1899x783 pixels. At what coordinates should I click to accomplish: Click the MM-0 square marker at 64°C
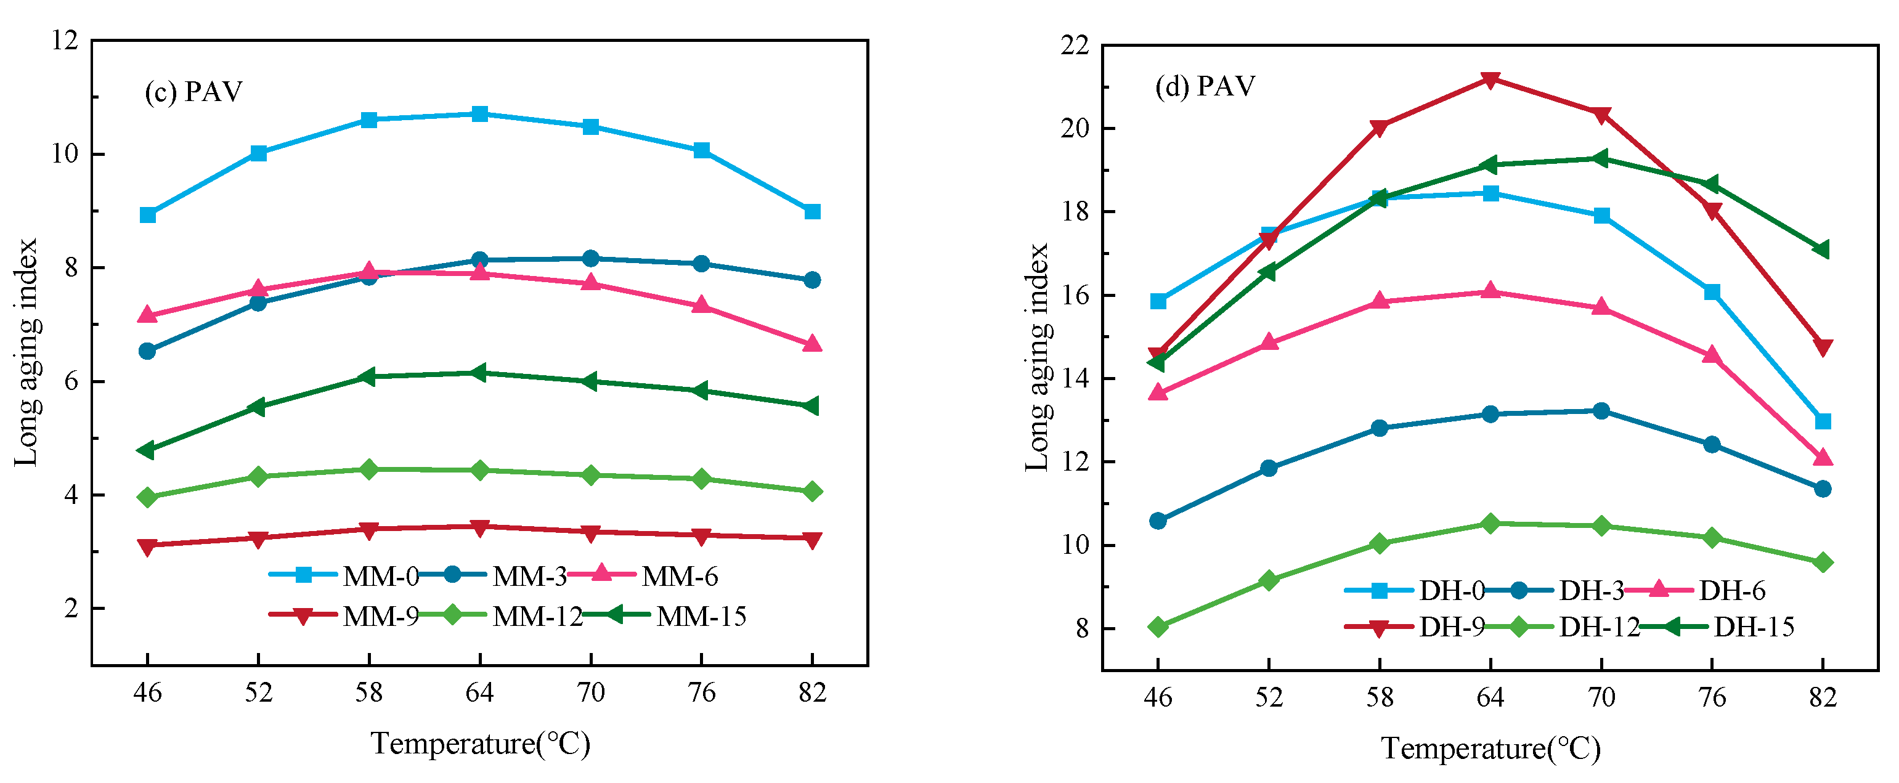coord(480,115)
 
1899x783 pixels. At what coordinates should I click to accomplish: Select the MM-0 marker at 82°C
coord(812,211)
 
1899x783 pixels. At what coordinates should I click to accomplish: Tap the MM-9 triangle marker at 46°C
coord(147,546)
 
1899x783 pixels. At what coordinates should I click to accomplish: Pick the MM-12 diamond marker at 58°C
coord(368,469)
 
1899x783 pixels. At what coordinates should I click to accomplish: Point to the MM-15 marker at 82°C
coord(811,406)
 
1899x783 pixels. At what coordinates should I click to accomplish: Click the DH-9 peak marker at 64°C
coord(1490,79)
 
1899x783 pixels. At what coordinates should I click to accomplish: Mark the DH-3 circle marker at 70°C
coord(1601,411)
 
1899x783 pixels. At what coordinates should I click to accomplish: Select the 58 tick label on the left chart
coord(368,693)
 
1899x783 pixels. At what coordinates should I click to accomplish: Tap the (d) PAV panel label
coord(1205,87)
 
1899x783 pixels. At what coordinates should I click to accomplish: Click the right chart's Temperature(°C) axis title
coord(1490,749)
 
